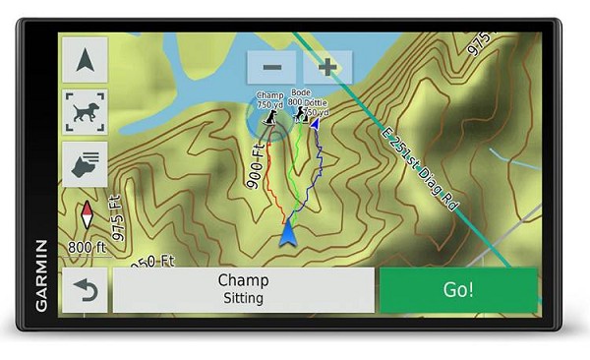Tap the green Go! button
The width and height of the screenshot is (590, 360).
(x=458, y=289)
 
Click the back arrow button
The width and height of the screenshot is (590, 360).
(x=85, y=291)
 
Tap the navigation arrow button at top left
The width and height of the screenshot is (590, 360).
(x=85, y=60)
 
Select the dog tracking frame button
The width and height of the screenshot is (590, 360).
(x=85, y=111)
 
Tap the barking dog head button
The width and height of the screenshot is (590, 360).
(x=85, y=163)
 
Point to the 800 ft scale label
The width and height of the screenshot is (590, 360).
(x=88, y=246)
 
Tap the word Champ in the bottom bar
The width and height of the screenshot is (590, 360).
(x=243, y=281)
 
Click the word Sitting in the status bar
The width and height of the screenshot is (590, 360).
(x=243, y=298)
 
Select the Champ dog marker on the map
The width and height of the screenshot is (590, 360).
(x=269, y=118)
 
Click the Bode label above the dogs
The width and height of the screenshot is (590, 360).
(x=300, y=93)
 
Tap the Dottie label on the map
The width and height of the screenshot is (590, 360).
(x=316, y=102)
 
